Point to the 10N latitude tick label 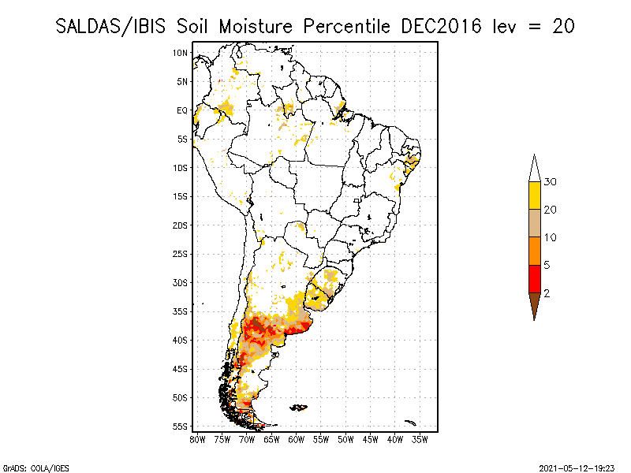tap(181, 53)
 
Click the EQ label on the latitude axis tap(182, 110)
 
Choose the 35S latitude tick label tap(181, 311)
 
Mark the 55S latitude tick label tap(181, 426)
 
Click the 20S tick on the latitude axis tap(181, 225)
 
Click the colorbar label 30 tap(551, 182)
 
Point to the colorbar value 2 tap(547, 293)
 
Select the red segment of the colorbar tap(534, 278)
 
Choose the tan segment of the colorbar tap(534, 223)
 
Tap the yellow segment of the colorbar tap(534, 196)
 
